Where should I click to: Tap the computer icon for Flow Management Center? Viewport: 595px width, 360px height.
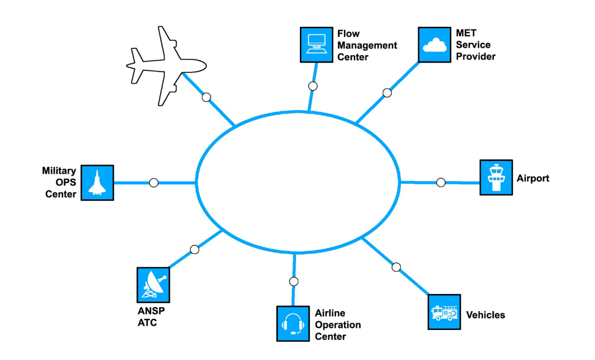pyautogui.click(x=316, y=45)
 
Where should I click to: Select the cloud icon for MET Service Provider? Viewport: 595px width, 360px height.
pyautogui.click(x=435, y=45)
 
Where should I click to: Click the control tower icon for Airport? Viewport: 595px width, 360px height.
pyautogui.click(x=496, y=178)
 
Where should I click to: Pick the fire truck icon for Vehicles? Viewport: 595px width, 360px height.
pyautogui.click(x=443, y=312)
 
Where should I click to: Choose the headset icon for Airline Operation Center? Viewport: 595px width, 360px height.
pyautogui.click(x=293, y=323)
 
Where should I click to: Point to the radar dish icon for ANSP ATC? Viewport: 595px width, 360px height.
pyautogui.click(x=153, y=284)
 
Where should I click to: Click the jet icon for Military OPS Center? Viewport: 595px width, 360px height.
pyautogui.click(x=97, y=182)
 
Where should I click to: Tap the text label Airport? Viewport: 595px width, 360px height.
pyautogui.click(x=533, y=179)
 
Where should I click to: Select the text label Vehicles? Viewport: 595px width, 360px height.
pyautogui.click(x=485, y=315)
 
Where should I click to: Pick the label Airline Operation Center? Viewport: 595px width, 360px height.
pyautogui.click(x=338, y=324)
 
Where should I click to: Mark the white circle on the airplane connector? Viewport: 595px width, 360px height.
pyautogui.click(x=206, y=97)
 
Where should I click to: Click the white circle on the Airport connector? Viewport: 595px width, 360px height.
pyautogui.click(x=441, y=182)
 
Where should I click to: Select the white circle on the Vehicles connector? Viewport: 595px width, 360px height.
pyautogui.click(x=396, y=267)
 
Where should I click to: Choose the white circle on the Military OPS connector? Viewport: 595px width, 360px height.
pyautogui.click(x=154, y=182)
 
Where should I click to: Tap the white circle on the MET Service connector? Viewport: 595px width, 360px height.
pyautogui.click(x=387, y=92)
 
